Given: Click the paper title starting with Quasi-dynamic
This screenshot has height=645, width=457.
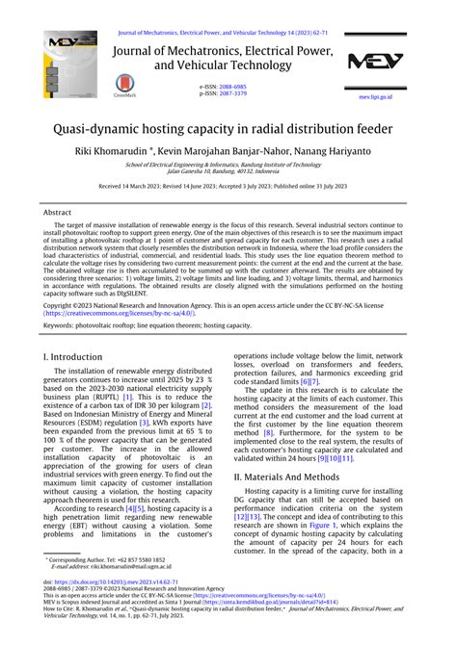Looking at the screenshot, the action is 228,125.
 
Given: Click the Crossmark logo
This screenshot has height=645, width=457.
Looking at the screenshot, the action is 125,87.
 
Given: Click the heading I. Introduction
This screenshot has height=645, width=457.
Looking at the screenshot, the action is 75,355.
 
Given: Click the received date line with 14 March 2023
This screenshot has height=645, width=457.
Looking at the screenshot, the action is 228,185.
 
